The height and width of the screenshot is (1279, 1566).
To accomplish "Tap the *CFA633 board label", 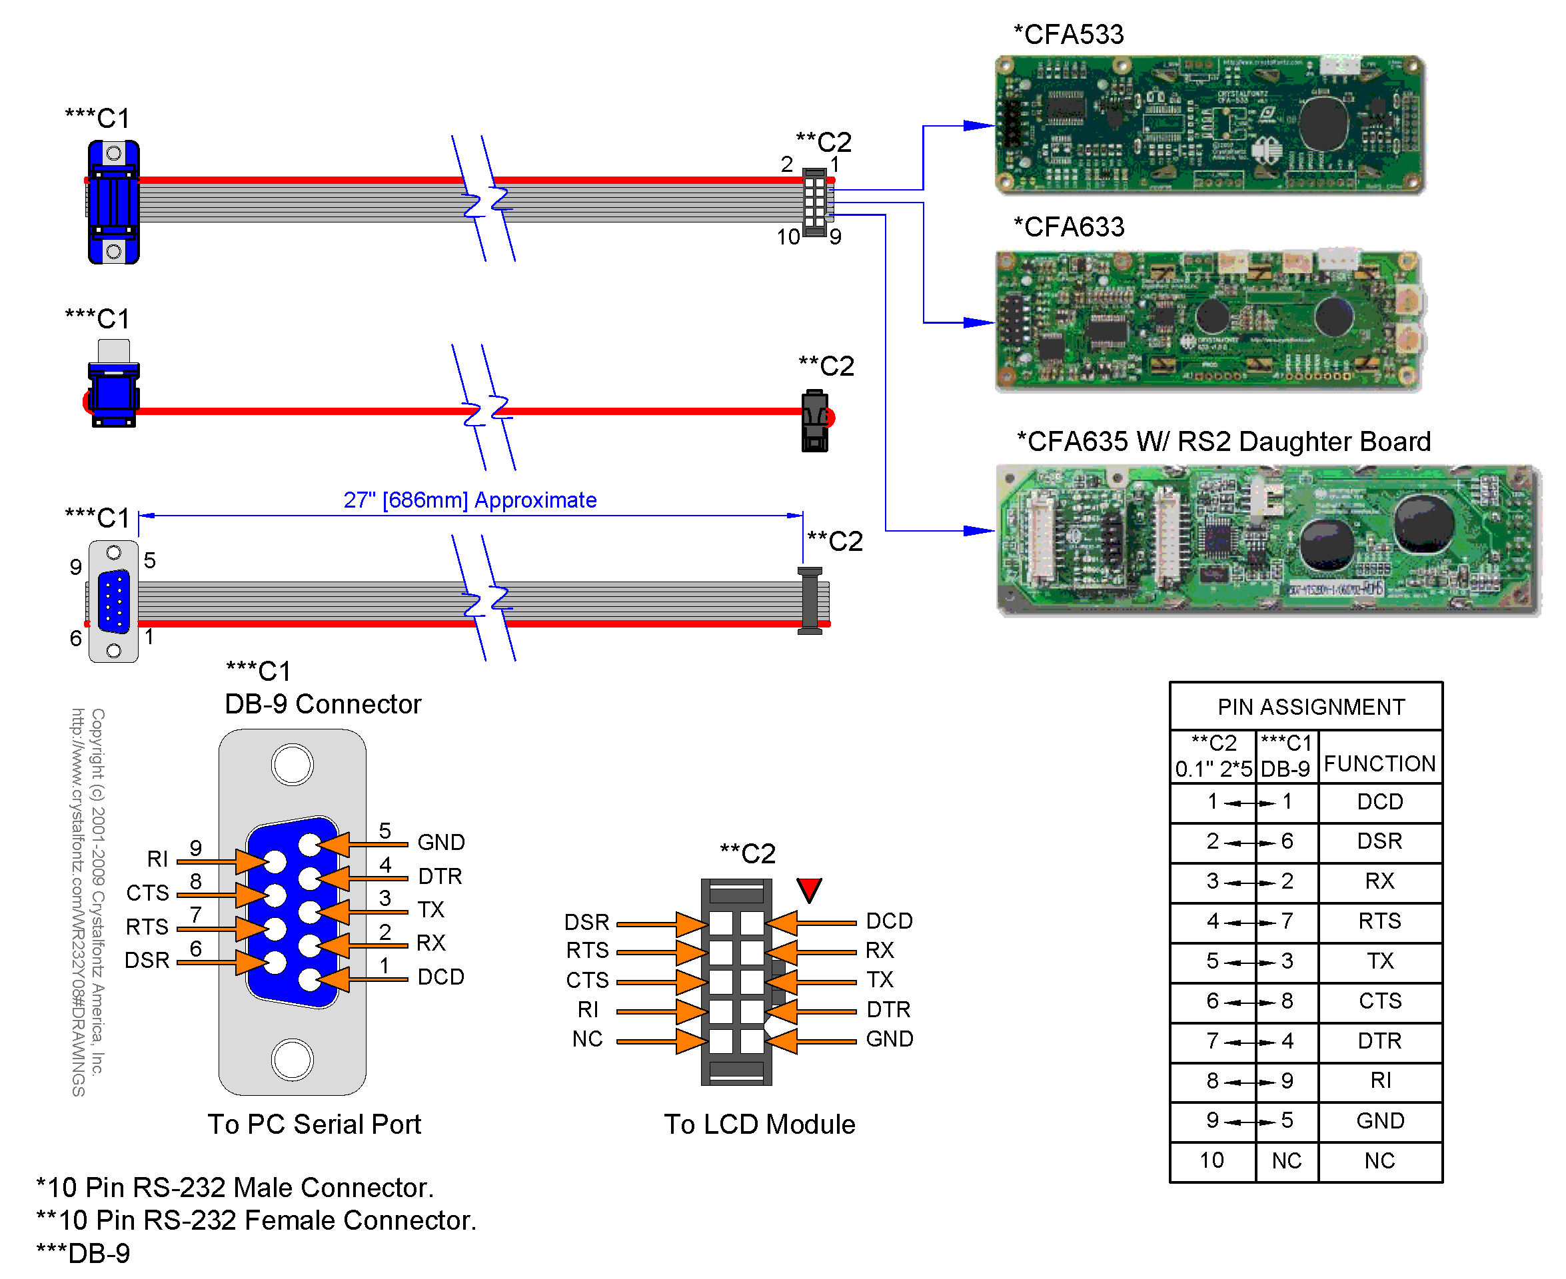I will coord(1069,227).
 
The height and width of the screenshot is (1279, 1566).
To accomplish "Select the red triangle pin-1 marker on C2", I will coord(808,889).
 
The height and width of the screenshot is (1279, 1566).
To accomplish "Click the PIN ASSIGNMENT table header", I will coord(1310,707).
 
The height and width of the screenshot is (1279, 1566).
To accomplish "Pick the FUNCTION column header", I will coord(1379,764).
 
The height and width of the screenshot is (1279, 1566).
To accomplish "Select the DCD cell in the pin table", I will coord(1379,801).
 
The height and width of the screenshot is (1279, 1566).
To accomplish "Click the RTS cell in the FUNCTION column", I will coord(1379,921).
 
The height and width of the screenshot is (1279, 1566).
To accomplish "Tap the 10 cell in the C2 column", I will coord(1211,1160).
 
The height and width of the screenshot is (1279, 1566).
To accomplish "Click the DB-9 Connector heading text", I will coord(323,704).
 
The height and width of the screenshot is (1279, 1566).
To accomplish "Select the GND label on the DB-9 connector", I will coord(440,842).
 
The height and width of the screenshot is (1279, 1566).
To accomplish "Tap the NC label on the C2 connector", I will coord(587,1039).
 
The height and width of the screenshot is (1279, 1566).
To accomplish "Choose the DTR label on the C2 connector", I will coord(888,1009).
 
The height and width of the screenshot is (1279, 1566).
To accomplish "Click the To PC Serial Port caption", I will coord(314,1124).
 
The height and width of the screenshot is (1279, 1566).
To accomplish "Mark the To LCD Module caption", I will coord(759,1124).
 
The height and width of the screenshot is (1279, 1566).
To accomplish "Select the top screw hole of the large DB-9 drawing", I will coord(292,765).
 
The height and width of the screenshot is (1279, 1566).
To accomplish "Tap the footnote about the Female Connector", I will coord(257,1221).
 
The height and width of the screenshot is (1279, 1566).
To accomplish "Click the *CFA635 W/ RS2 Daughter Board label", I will coord(1223,441).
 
